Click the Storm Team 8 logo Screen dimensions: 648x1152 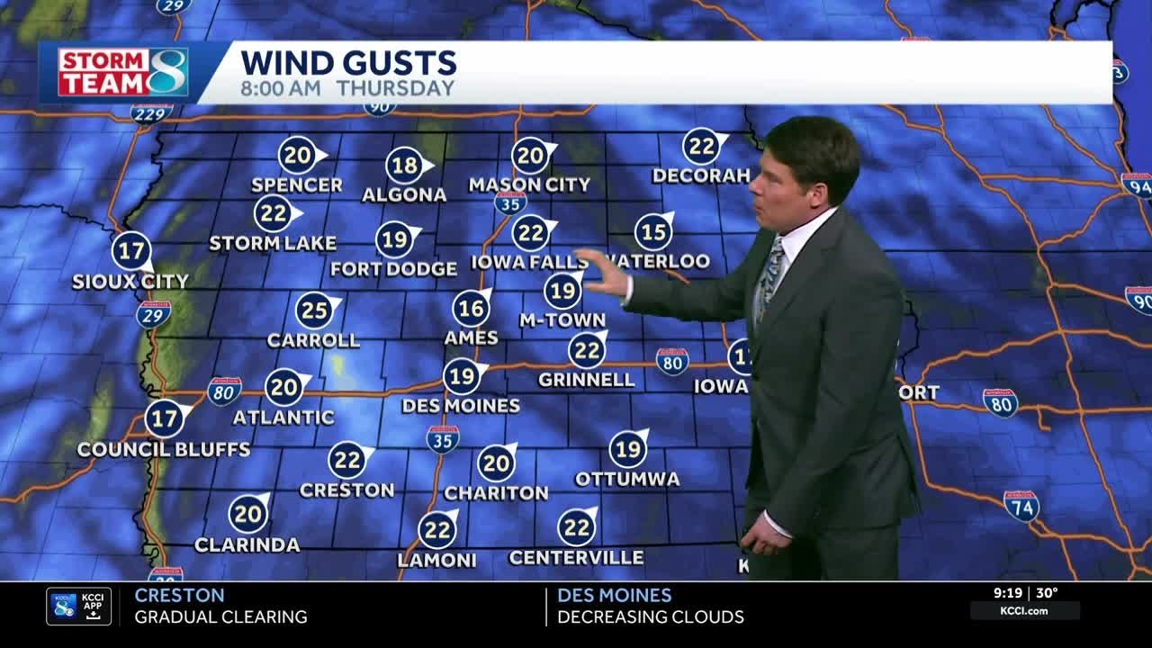pyautogui.click(x=123, y=72)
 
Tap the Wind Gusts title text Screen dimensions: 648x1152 pyautogui.click(x=348, y=63)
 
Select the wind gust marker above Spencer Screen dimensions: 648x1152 pyautogui.click(x=297, y=156)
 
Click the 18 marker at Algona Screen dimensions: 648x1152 pyautogui.click(x=405, y=166)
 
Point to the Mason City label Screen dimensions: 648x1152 pyautogui.click(x=529, y=185)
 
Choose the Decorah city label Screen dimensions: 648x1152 pyautogui.click(x=700, y=175)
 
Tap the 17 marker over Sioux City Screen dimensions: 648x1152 pyautogui.click(x=131, y=251)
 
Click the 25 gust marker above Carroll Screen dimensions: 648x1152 pyautogui.click(x=315, y=311)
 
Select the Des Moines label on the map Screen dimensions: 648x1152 pyautogui.click(x=460, y=406)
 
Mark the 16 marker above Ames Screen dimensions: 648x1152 pyautogui.click(x=471, y=309)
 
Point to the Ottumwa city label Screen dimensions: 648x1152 pyautogui.click(x=626, y=479)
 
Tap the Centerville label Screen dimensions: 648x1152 pyautogui.click(x=576, y=558)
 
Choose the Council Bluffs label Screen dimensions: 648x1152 pyautogui.click(x=163, y=449)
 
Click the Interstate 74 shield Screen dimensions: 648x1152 pyautogui.click(x=1021, y=506)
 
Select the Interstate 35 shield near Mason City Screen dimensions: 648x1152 pyautogui.click(x=510, y=202)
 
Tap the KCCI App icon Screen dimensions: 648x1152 pyautogui.click(x=79, y=607)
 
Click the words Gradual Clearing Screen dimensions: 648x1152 pyautogui.click(x=220, y=617)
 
